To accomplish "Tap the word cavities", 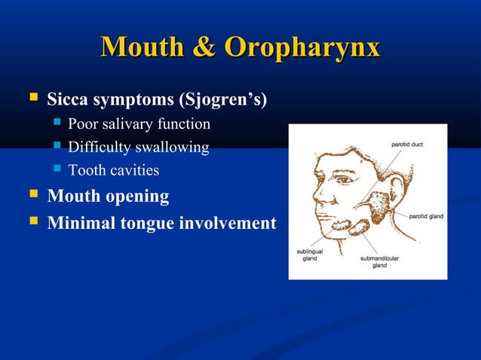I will pyautogui.click(x=134, y=170).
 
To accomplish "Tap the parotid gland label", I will pyautogui.click(x=426, y=216).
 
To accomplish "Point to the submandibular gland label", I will pyautogui.click(x=378, y=261).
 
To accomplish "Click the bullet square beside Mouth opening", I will pyautogui.click(x=32, y=197).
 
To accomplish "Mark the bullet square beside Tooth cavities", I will pyautogui.click(x=57, y=170).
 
